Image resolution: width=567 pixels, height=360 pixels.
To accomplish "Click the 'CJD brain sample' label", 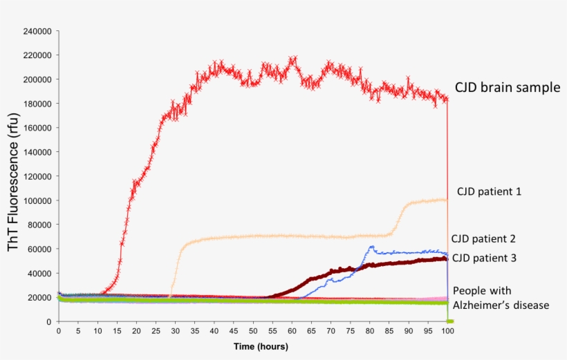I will [507, 88].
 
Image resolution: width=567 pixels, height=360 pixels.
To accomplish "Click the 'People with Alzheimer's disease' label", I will [501, 297].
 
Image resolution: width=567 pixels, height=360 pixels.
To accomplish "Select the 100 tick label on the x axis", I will [447, 331].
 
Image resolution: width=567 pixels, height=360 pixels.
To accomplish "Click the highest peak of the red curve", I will [292, 58].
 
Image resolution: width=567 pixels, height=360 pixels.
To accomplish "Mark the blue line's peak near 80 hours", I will [371, 247].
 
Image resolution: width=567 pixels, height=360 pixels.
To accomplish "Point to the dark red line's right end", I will [445, 258].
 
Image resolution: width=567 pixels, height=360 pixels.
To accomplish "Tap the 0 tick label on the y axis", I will [48, 321].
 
